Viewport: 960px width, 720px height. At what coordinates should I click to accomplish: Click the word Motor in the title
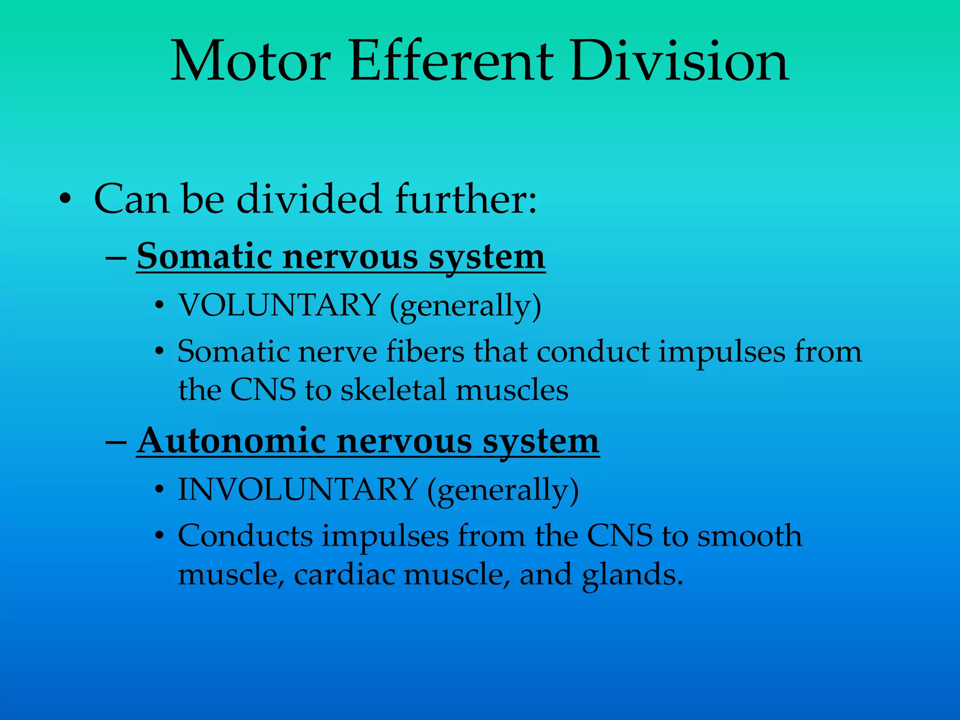tap(251, 62)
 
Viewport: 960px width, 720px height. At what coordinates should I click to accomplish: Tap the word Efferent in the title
tap(451, 62)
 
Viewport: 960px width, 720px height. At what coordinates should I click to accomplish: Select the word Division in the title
tap(680, 62)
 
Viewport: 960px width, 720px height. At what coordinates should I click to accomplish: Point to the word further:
tap(466, 199)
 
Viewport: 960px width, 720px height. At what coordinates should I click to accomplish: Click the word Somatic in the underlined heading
tap(204, 257)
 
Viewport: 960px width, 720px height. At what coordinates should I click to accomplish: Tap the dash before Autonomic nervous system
tap(115, 442)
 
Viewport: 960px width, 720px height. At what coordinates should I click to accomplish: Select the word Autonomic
tap(232, 442)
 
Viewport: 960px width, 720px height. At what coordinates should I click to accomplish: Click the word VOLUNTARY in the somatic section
tap(279, 306)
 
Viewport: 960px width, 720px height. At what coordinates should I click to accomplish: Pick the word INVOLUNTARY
tap(298, 490)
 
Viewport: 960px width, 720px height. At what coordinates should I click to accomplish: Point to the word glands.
tap(632, 575)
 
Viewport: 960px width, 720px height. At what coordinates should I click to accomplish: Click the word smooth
tap(750, 536)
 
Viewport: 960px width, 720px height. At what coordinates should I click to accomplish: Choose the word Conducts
tap(245, 536)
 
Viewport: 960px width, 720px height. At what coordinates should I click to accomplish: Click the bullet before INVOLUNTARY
tap(160, 490)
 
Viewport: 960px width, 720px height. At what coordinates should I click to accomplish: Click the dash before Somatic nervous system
tap(115, 257)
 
